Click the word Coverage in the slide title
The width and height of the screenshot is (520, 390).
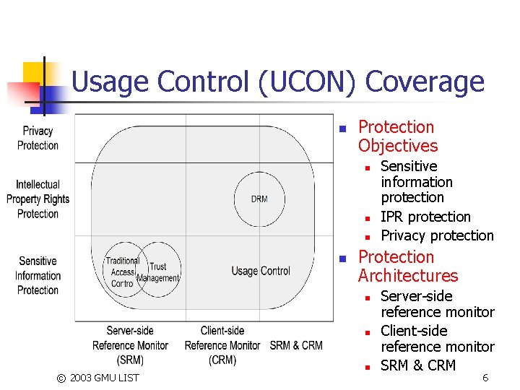pos(425,82)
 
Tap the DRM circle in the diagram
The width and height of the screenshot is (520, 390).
pos(259,199)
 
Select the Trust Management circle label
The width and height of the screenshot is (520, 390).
pos(158,272)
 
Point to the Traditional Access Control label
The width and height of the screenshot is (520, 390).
pos(123,272)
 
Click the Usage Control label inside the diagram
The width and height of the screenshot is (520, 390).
pos(261,271)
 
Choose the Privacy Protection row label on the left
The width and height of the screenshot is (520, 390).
pos(38,138)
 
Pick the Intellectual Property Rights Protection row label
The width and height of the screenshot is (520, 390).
pos(38,199)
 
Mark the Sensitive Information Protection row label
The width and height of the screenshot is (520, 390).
pos(38,275)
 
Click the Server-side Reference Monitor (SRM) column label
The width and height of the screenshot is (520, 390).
pos(130,345)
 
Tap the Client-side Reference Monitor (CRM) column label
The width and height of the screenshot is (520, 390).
pos(222,345)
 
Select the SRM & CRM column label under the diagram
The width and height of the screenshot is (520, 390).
pos(296,345)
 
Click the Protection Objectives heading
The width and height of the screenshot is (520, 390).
pos(397,136)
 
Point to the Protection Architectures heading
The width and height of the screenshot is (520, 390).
pos(407,266)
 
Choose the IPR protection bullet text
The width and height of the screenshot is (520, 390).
pos(425,217)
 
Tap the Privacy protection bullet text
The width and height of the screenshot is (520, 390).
pos(437,235)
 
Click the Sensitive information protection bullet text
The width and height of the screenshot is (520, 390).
pos(417,182)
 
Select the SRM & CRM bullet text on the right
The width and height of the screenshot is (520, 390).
pos(418,365)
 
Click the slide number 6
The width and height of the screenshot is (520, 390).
pos(485,378)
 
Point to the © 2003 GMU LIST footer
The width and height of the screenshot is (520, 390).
pos(98,378)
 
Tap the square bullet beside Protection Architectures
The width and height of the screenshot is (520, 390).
pos(343,258)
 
